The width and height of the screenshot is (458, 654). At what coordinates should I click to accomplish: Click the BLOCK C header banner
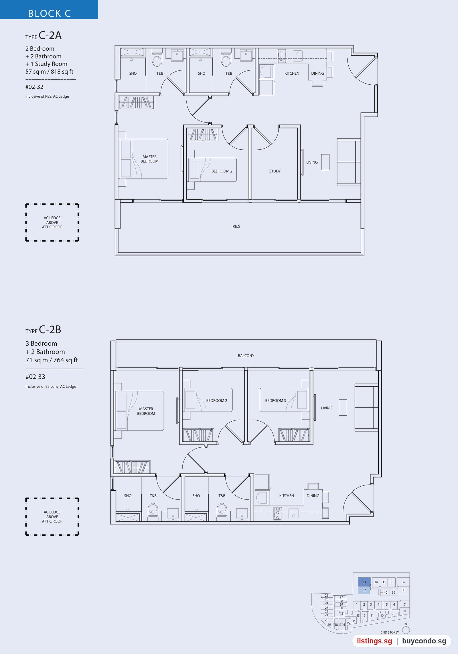tap(49, 9)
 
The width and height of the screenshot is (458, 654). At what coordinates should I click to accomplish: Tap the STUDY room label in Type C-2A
tap(275, 171)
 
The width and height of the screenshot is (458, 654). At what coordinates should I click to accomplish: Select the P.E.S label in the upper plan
tap(236, 226)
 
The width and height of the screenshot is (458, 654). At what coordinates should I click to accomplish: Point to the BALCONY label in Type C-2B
tap(246, 356)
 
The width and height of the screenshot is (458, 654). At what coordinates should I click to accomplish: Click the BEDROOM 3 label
tap(275, 400)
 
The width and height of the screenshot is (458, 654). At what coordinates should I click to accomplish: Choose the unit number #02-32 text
tap(34, 87)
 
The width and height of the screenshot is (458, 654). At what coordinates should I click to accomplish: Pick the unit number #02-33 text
tap(35, 377)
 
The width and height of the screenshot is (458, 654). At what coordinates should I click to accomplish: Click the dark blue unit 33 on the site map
tap(364, 582)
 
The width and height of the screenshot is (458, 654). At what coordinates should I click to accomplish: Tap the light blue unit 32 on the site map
tap(364, 590)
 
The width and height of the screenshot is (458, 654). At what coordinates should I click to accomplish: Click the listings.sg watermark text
tap(374, 641)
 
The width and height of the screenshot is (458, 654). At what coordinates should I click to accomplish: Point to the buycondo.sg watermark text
tap(424, 641)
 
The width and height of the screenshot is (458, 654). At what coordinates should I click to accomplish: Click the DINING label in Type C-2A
tap(317, 74)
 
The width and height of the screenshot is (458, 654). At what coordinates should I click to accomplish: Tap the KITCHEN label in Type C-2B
tap(287, 496)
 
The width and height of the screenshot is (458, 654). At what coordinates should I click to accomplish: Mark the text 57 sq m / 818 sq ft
tap(49, 72)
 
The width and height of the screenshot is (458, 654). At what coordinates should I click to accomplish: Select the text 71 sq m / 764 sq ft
tap(52, 360)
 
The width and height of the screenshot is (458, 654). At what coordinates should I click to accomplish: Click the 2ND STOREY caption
tap(390, 632)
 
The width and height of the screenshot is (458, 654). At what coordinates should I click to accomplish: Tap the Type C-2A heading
tap(44, 35)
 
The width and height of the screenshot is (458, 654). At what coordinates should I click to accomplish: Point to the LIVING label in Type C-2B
tap(326, 408)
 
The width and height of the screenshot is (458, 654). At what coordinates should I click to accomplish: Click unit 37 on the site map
tap(403, 582)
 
